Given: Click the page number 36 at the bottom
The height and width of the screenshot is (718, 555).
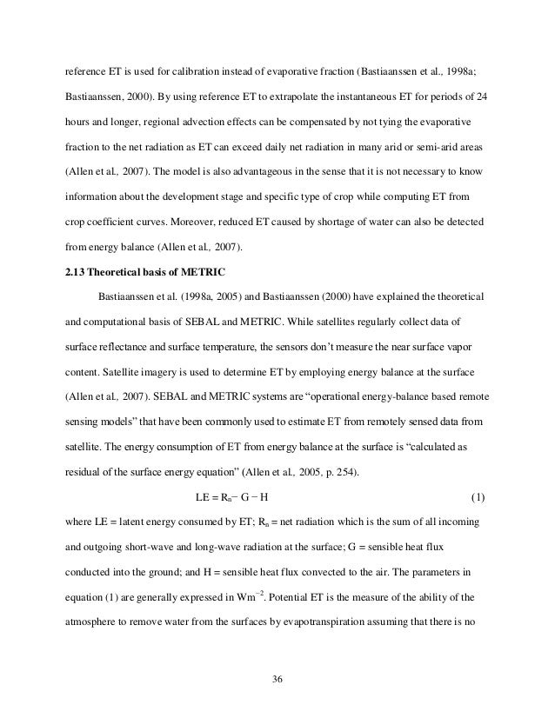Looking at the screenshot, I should [x=277, y=695].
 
